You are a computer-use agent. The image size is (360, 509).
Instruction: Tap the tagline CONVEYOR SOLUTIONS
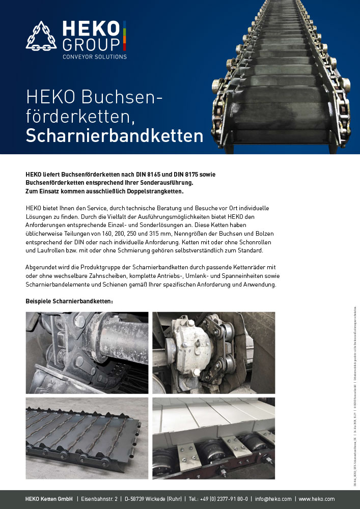coord(94,56)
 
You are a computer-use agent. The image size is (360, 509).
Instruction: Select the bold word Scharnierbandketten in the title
coord(115,136)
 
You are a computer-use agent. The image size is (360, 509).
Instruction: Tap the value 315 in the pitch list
coord(160,233)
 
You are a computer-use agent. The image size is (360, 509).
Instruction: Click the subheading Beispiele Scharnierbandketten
coord(69,301)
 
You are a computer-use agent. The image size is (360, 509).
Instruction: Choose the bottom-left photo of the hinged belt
coord(87,438)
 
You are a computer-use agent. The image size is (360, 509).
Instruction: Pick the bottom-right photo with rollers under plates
coord(214,438)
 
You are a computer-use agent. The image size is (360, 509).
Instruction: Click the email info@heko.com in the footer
coord(273,499)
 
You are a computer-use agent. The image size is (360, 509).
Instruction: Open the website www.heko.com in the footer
coord(317,499)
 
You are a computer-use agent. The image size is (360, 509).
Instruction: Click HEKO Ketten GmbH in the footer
coord(49,499)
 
